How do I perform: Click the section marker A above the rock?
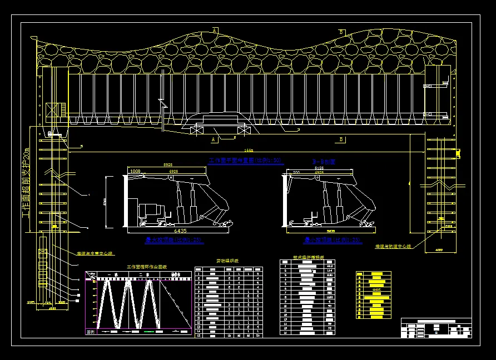point(215,31)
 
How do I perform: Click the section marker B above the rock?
point(341,32)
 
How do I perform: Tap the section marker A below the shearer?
point(214,140)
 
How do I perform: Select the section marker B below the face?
point(341,139)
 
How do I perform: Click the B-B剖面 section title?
point(325,162)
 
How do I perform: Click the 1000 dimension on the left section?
point(135,172)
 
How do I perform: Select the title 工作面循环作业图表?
point(147,267)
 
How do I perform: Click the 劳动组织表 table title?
point(227,261)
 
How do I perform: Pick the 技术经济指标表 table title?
point(307,258)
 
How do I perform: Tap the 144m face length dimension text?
point(249,151)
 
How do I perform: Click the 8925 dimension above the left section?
point(167,166)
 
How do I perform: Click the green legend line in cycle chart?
point(148,332)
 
